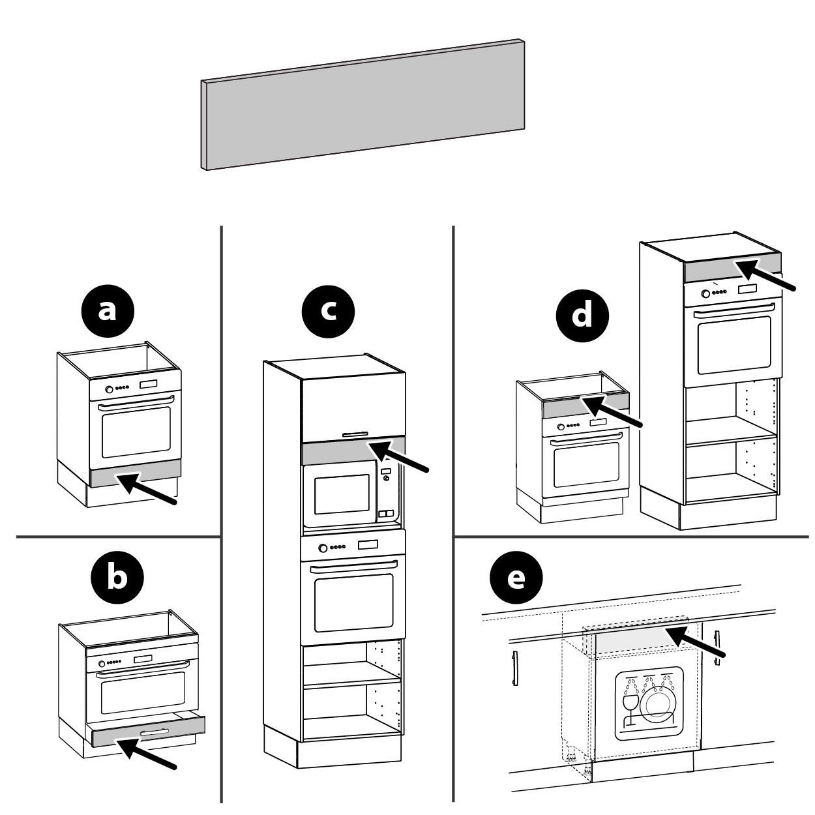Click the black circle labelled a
pyautogui.click(x=108, y=311)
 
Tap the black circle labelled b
pyautogui.click(x=117, y=577)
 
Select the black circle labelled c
pyautogui.click(x=328, y=312)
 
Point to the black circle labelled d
pyautogui.click(x=582, y=316)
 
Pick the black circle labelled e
pyautogui.click(x=516, y=577)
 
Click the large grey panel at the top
pyautogui.click(x=363, y=105)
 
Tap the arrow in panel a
pyautogui.click(x=146, y=488)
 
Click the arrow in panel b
pyautogui.click(x=146, y=754)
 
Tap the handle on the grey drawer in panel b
pyautogui.click(x=155, y=732)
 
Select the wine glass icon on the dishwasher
pyautogui.click(x=631, y=710)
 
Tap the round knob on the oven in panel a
pyautogui.click(x=109, y=389)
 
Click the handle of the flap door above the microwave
pyautogui.click(x=355, y=434)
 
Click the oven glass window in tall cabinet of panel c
pyautogui.click(x=353, y=603)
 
